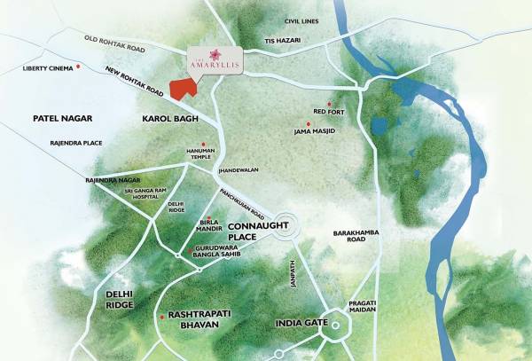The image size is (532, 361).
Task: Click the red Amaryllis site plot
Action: [x=184, y=89]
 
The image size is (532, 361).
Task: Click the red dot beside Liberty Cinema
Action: [x=78, y=67]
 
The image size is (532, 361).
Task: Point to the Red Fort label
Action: [x=329, y=112]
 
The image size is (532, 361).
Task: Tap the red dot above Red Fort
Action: [x=330, y=103]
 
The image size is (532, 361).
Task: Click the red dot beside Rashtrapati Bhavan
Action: [x=160, y=317]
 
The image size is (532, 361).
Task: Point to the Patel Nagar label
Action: [x=63, y=117]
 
